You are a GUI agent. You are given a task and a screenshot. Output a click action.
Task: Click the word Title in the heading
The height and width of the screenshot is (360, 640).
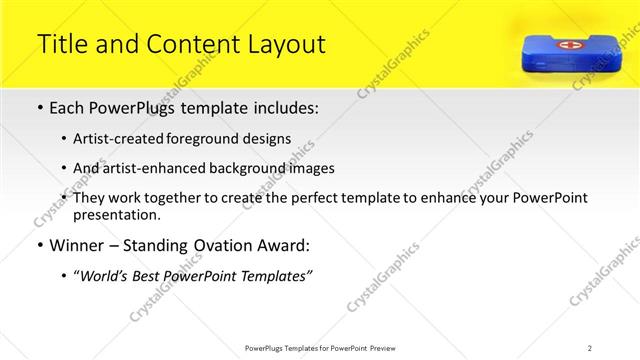[x=61, y=44]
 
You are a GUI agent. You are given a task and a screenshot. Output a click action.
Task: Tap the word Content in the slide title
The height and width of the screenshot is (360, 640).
[x=184, y=44]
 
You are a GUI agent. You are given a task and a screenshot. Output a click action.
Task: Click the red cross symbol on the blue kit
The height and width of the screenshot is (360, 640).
[x=565, y=46]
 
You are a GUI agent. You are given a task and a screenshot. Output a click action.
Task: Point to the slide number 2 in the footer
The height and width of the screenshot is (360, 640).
[x=590, y=347]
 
